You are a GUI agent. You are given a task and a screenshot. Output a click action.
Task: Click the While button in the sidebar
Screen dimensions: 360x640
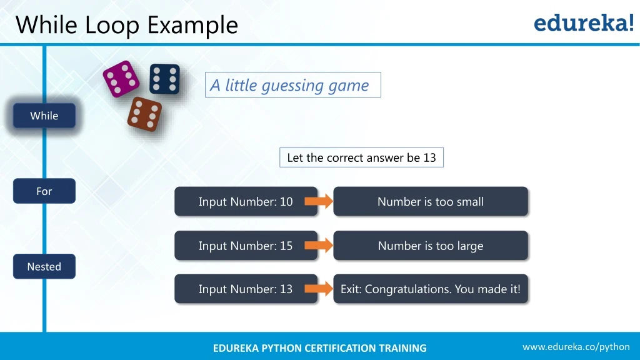tap(44, 116)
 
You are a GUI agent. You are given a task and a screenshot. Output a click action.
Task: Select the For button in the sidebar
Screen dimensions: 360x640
tap(44, 191)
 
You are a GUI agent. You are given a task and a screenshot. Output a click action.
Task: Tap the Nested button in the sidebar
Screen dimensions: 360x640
tap(44, 266)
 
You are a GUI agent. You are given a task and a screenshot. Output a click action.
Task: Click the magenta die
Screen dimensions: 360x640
tap(121, 79)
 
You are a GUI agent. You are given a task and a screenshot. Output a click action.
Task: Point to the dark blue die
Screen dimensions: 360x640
tap(164, 79)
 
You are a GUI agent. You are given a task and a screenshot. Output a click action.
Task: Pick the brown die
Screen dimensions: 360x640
tap(144, 114)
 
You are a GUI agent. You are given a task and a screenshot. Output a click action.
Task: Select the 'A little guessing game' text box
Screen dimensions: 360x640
tap(292, 85)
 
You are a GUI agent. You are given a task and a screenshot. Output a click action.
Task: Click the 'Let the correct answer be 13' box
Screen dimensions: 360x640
tap(361, 157)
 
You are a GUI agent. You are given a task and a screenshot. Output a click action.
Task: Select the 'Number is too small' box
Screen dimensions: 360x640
tap(431, 201)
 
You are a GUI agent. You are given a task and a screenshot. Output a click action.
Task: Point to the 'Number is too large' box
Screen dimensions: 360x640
tap(431, 246)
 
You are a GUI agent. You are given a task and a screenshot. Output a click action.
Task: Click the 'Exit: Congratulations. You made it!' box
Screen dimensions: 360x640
tap(431, 289)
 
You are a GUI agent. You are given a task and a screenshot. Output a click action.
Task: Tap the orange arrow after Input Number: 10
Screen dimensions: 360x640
tap(319, 201)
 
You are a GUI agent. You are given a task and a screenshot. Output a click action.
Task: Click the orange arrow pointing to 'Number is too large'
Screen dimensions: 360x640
tap(319, 246)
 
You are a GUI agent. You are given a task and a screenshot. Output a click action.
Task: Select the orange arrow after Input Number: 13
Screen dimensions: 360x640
tap(319, 289)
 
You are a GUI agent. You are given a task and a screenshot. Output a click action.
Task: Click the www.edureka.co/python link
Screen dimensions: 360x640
tap(576, 347)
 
